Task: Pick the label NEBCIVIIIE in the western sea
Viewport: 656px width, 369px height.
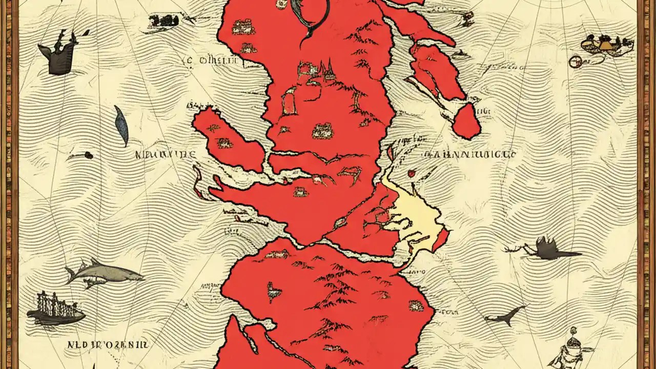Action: click(166, 154)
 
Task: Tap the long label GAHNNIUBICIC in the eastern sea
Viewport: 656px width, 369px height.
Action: click(469, 154)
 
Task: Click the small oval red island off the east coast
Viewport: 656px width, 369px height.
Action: click(466, 121)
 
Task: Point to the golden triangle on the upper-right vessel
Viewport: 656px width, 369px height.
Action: click(606, 45)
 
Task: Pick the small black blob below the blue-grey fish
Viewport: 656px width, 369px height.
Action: click(88, 155)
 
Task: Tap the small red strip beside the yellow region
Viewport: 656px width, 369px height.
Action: click(440, 240)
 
